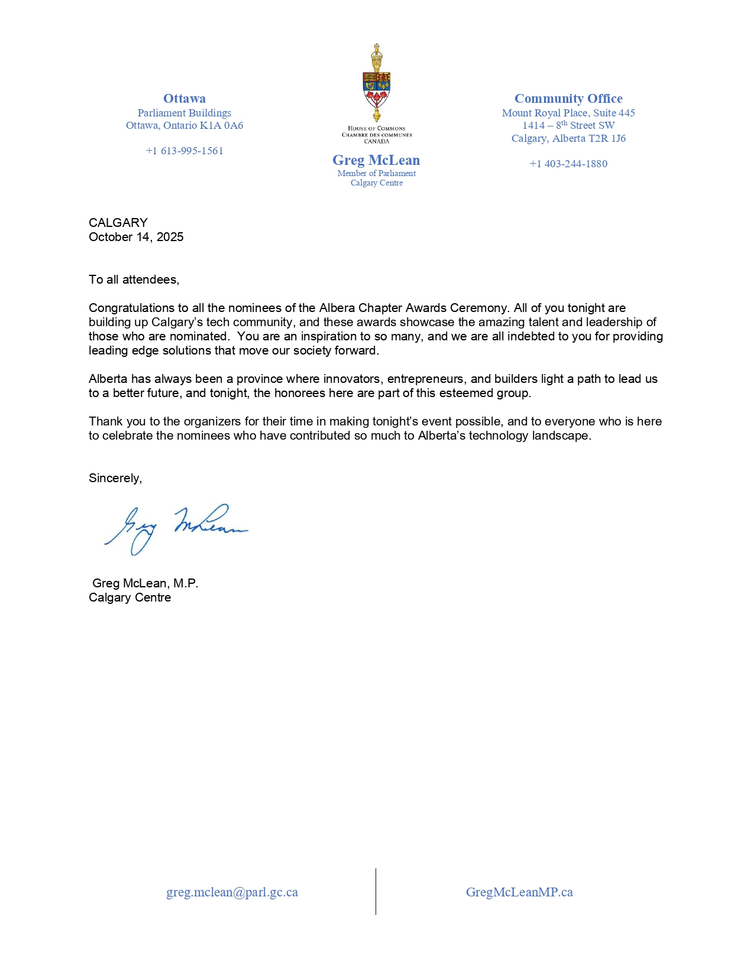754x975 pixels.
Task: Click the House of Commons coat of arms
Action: pos(377,83)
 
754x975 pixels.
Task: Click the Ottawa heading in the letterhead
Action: pos(185,99)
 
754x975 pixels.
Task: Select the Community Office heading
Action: pos(568,99)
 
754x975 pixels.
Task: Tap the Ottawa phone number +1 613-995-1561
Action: pos(185,151)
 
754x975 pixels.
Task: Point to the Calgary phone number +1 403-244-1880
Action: pos(568,164)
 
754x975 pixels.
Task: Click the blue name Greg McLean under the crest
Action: pos(376,160)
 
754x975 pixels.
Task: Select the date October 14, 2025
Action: pos(136,237)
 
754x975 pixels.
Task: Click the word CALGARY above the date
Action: pos(118,223)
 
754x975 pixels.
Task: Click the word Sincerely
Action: pos(115,478)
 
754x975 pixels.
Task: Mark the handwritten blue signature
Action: pos(176,528)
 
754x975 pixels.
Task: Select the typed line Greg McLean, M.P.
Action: pos(145,583)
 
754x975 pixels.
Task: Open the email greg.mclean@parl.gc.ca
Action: pos(232,892)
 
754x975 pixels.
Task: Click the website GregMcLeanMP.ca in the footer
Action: pos(519,892)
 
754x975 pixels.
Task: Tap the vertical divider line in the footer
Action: pos(376,891)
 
